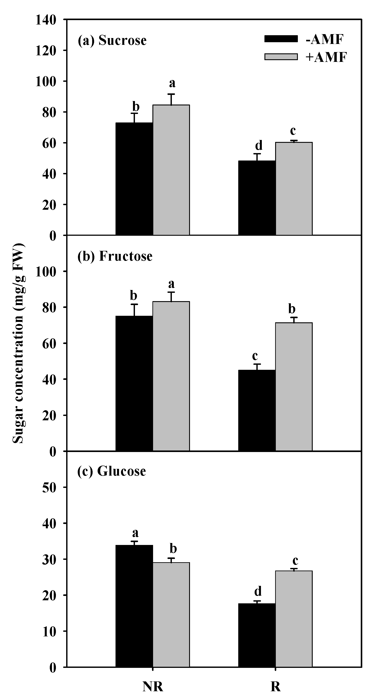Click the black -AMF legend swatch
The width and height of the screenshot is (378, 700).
pos(281,39)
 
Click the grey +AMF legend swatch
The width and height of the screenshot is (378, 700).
pos(281,56)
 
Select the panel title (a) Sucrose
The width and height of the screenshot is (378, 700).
pos(112,40)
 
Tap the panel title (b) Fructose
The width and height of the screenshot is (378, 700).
pos(115,256)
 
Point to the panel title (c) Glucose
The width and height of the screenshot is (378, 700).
pos(112,471)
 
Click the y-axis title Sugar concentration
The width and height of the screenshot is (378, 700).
pos(18,344)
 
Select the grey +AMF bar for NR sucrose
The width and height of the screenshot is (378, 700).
pos(171,170)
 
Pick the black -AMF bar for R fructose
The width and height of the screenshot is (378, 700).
pos(257,410)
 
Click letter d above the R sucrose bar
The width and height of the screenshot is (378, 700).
pos(259,145)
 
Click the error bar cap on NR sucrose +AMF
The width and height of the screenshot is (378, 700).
pos(171,94)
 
